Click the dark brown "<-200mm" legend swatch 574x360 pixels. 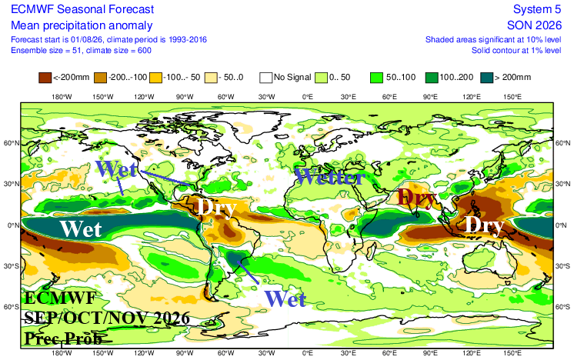45,78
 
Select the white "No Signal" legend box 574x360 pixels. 265,78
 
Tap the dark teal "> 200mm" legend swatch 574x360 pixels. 487,78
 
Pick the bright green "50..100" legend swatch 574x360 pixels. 376,78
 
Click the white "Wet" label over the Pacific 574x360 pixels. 81,229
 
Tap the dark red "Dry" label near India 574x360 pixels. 416,198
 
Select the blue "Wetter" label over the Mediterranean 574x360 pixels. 330,177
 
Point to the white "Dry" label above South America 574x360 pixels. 217,208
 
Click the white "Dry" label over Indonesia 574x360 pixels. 484,225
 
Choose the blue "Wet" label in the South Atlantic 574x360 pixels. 285,299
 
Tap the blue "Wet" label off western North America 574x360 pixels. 116,168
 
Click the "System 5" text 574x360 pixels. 537,9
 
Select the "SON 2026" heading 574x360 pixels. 534,25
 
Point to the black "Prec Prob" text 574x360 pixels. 63,338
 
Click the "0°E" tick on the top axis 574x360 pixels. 308,97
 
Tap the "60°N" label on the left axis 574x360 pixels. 12,143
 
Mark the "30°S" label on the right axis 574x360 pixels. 562,266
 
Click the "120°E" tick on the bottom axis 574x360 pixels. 472,353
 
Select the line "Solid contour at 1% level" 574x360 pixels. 516,50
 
